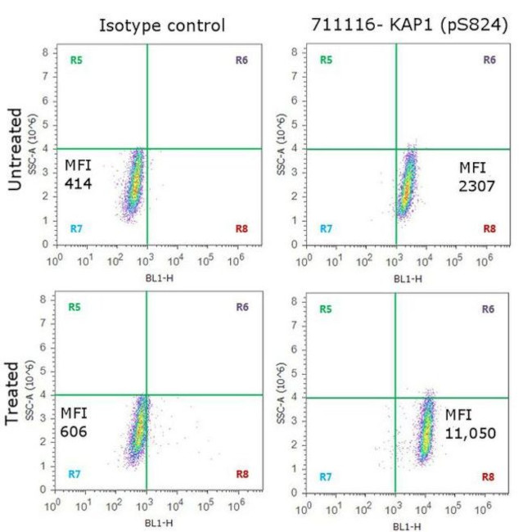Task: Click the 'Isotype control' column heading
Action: click(161, 25)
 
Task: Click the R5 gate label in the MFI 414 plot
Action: click(76, 60)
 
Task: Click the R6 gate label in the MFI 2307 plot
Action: click(489, 60)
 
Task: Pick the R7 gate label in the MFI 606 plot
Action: click(76, 474)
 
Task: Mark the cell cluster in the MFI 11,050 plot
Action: click(425, 430)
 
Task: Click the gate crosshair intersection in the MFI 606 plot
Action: click(147, 395)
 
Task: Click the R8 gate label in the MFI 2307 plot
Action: click(489, 228)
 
